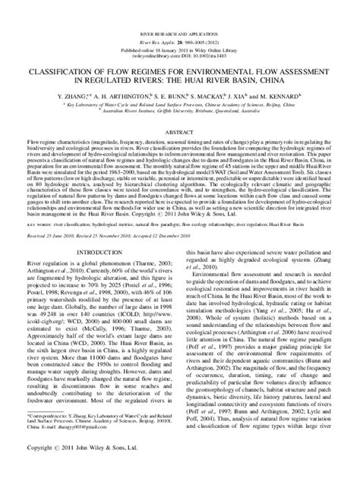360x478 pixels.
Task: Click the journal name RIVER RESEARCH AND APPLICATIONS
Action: [179, 36]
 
